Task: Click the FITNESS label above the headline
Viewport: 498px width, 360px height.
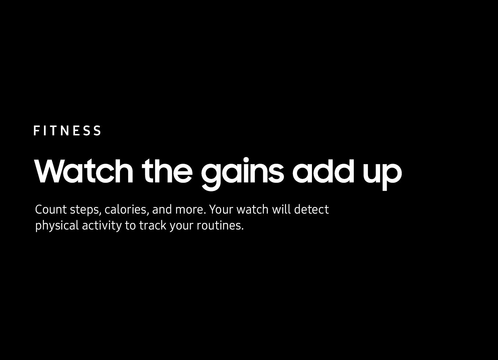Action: pos(67,130)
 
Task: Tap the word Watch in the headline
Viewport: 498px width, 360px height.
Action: pos(84,171)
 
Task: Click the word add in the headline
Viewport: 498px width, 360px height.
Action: pos(323,171)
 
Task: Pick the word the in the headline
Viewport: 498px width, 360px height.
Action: pos(167,171)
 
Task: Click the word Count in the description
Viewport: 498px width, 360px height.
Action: pos(51,209)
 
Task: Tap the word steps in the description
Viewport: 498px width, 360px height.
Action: pos(86,210)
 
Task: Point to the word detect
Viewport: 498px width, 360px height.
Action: pos(311,209)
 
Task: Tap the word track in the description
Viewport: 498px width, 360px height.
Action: pos(153,225)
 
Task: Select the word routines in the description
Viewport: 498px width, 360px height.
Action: pos(220,225)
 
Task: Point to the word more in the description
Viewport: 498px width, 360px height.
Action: pos(191,210)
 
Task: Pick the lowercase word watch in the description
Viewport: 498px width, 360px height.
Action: pos(252,209)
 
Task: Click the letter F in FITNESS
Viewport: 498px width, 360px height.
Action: pos(37,130)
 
